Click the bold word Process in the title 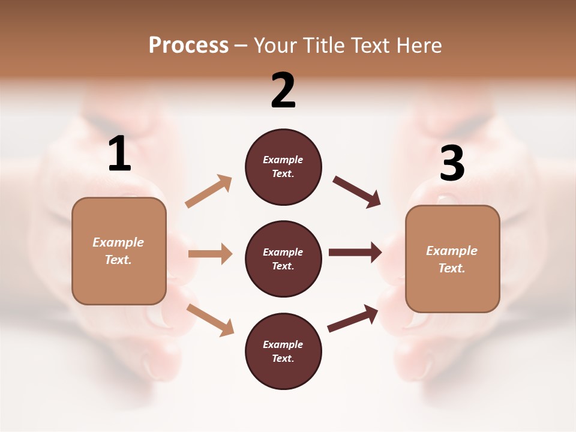(x=188, y=45)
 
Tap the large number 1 (x=119, y=154)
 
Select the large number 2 (x=283, y=91)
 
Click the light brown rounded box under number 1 (x=119, y=251)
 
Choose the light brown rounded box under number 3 (x=452, y=259)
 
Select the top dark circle (x=283, y=167)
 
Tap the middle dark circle (x=283, y=259)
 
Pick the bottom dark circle (x=283, y=351)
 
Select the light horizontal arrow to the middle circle (x=210, y=254)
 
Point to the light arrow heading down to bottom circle (x=210, y=319)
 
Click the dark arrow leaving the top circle (x=357, y=191)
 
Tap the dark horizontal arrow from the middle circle (x=355, y=252)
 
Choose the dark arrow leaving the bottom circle (x=353, y=319)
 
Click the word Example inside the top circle (x=283, y=160)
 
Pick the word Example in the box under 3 (x=452, y=251)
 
